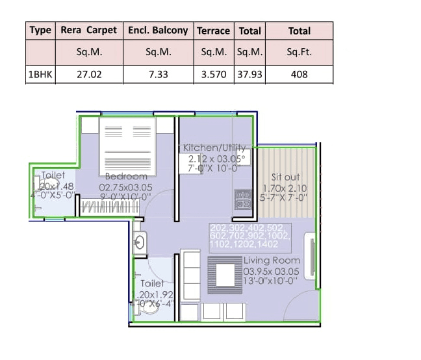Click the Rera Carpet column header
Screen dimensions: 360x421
click(x=88, y=31)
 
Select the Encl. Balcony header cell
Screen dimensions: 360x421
click(x=158, y=31)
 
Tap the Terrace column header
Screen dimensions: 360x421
click(x=214, y=31)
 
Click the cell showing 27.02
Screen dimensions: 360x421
click(x=88, y=74)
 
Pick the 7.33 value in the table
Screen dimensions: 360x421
click(x=158, y=74)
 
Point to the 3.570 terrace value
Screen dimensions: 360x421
click(x=214, y=74)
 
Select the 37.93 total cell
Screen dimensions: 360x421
click(x=250, y=74)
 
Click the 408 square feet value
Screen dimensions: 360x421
click(x=300, y=74)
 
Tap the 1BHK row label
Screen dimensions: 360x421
click(x=40, y=74)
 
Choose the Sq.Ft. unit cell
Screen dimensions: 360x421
click(x=300, y=52)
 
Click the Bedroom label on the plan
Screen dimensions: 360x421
click(x=126, y=176)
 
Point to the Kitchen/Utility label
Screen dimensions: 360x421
click(x=215, y=148)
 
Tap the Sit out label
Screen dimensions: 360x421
click(x=285, y=177)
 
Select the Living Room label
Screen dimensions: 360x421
click(x=272, y=261)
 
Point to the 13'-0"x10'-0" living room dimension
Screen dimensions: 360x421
click(x=271, y=281)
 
